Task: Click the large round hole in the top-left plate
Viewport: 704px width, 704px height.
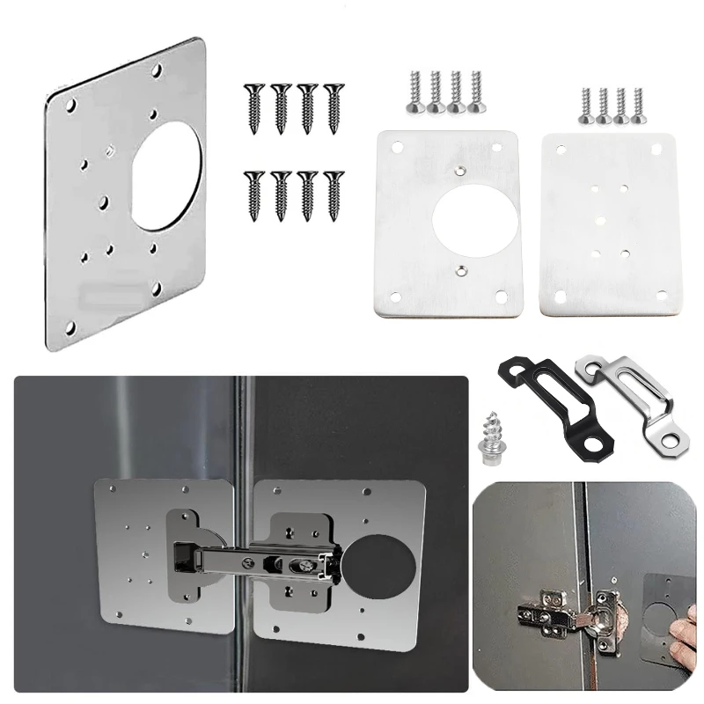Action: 167,175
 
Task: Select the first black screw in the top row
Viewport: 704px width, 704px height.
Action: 253,106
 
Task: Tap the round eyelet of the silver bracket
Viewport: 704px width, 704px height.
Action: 675,435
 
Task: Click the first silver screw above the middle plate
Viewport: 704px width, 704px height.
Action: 414,92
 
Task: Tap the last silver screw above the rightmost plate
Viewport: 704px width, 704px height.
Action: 637,105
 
